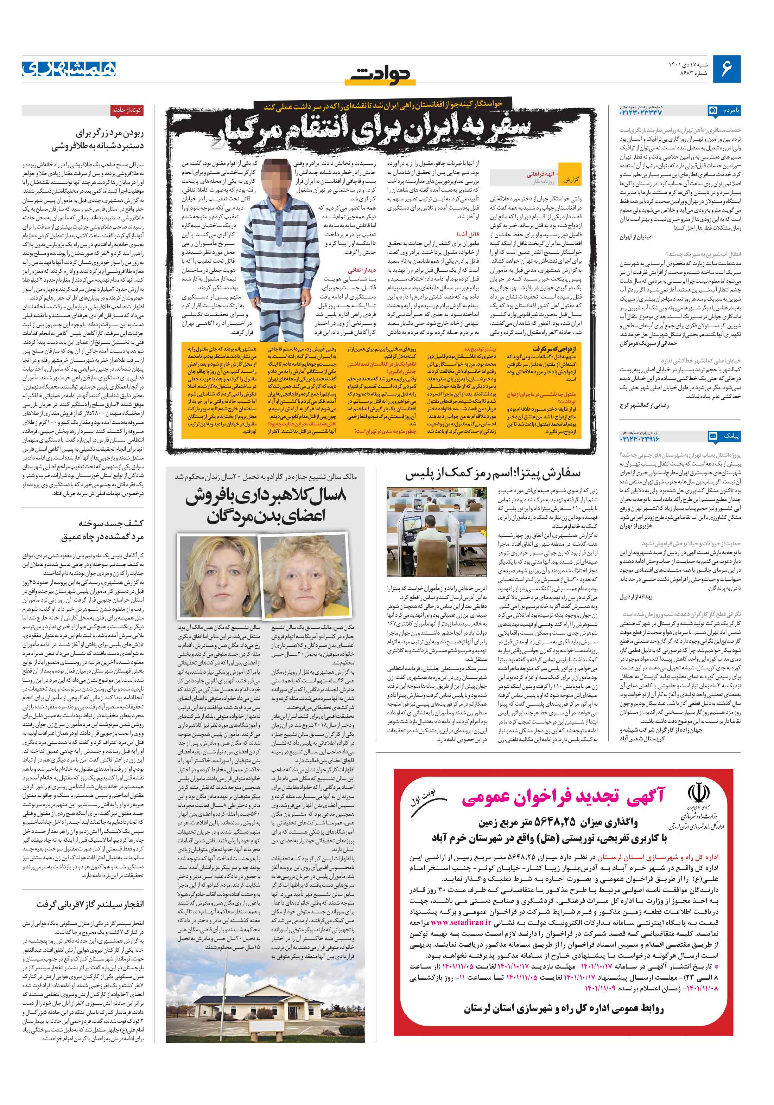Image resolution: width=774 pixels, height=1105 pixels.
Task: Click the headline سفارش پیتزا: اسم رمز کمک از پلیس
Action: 492,474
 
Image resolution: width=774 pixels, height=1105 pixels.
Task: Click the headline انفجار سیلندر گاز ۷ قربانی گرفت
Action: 90,905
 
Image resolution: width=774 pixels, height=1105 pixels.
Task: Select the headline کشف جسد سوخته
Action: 110,523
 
